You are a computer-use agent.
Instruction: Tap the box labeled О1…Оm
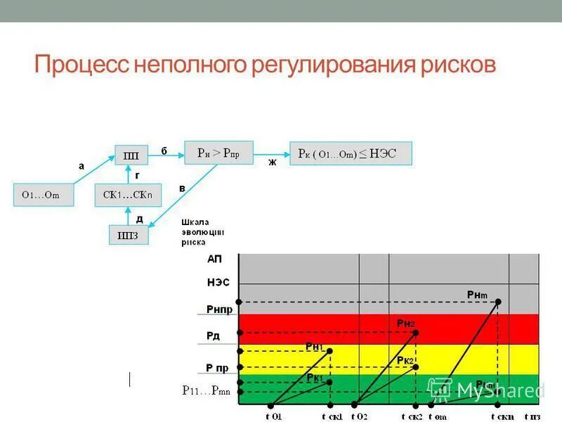coord(43,195)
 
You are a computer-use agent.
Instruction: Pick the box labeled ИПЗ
coord(129,234)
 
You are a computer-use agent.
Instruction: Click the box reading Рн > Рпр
coord(218,153)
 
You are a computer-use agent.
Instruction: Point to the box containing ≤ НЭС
coord(351,153)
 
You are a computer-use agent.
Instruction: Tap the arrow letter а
coord(81,167)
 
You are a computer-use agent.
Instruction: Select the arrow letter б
coord(164,151)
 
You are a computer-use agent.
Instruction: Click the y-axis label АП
coord(214,259)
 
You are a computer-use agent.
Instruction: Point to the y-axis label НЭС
coord(218,283)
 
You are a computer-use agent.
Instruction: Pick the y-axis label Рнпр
coord(219,309)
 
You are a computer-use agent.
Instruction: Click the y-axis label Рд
coord(213,336)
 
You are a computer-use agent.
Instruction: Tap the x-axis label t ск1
coord(332,416)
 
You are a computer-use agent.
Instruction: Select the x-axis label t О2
coord(359,416)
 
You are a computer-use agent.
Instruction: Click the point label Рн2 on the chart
coord(405,323)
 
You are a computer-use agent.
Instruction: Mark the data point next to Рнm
coord(498,302)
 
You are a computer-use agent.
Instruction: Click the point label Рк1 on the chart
coord(314,378)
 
